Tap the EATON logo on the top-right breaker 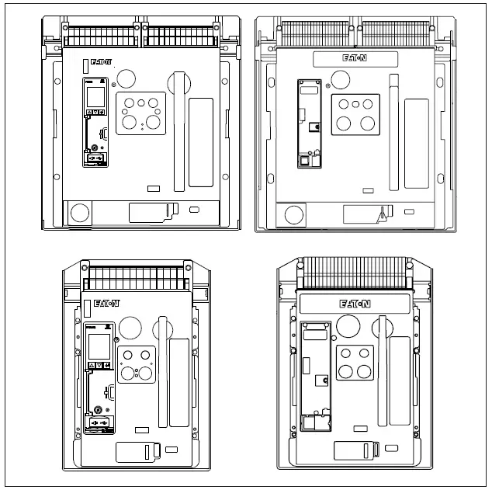tap(353, 58)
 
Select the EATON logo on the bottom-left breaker tap(107, 303)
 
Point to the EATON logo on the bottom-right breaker tap(355, 304)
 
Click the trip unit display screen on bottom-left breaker tap(99, 346)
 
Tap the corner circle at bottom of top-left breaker tap(78, 213)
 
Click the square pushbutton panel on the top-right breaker tap(355, 114)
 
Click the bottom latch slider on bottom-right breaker tap(355, 450)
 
